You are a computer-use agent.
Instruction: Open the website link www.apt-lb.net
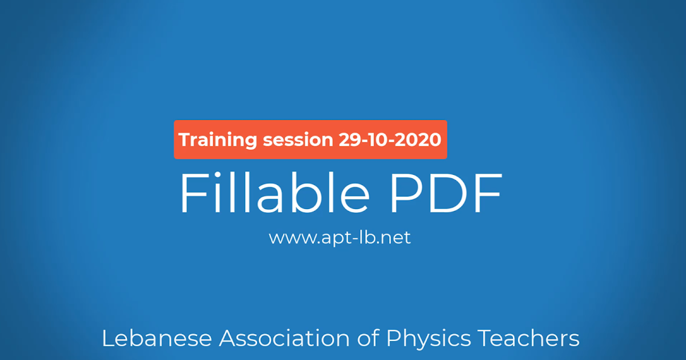340,237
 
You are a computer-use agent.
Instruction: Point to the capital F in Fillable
192,193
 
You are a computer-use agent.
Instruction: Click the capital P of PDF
405,193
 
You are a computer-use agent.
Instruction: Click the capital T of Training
185,139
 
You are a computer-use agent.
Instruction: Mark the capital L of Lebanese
107,338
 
